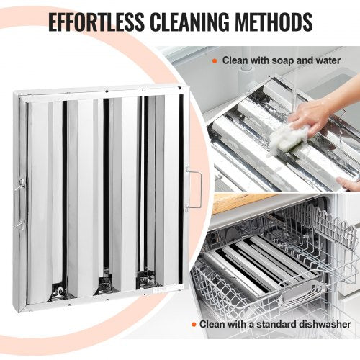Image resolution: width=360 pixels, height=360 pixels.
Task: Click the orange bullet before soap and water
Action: click(215, 61)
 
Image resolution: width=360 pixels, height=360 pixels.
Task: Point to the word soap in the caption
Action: click(283, 60)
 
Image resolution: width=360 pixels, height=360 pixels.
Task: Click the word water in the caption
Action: click(328, 60)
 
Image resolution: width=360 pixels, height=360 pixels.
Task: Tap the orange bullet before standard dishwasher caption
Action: click(194, 325)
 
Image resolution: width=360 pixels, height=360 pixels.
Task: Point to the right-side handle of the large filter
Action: click(194, 189)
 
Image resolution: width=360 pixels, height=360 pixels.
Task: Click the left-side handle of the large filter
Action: click(19, 204)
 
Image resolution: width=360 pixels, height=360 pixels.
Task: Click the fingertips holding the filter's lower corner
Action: click(348, 184)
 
